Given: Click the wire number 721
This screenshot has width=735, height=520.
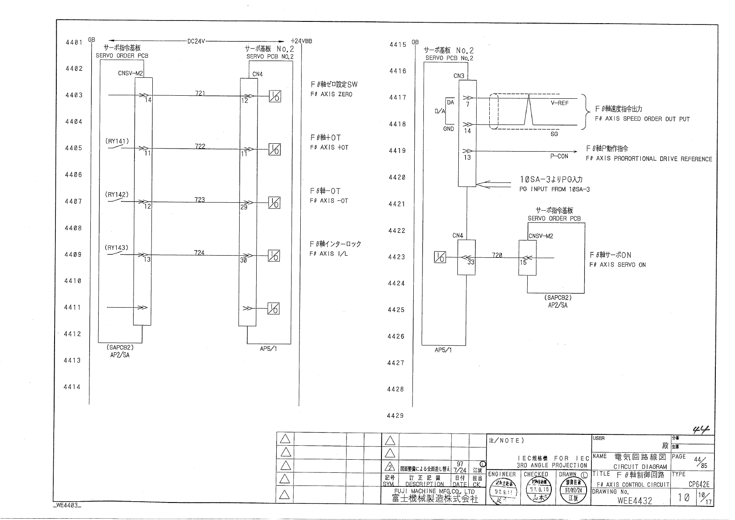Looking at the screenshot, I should point(200,93).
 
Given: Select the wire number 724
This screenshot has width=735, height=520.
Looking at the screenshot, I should point(199,253).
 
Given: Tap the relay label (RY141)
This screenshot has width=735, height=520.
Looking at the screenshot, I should point(117,141).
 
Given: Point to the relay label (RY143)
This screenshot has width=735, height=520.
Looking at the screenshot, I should point(116,248).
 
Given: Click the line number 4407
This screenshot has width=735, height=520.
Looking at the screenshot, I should point(73,201).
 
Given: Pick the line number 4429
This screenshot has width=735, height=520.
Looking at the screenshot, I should point(395,416).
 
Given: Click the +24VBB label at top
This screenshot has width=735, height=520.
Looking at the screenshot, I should point(301,42).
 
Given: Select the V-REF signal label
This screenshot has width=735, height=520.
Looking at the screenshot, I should point(560,104).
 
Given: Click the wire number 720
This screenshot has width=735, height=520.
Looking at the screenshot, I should point(497,255).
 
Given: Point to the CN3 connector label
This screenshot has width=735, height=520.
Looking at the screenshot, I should point(459,76).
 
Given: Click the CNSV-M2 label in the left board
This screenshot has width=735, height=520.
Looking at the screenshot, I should point(131,73).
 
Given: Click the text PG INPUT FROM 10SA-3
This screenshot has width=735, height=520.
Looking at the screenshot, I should point(554,189).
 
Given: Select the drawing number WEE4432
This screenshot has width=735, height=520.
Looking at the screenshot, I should point(635,500).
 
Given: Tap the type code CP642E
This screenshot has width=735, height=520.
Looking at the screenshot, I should point(699,484).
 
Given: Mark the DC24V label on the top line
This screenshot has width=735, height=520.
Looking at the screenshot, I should point(196,42).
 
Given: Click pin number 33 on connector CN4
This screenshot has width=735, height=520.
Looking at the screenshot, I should point(471,262).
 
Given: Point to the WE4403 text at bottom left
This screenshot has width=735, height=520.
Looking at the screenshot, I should point(67,506).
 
